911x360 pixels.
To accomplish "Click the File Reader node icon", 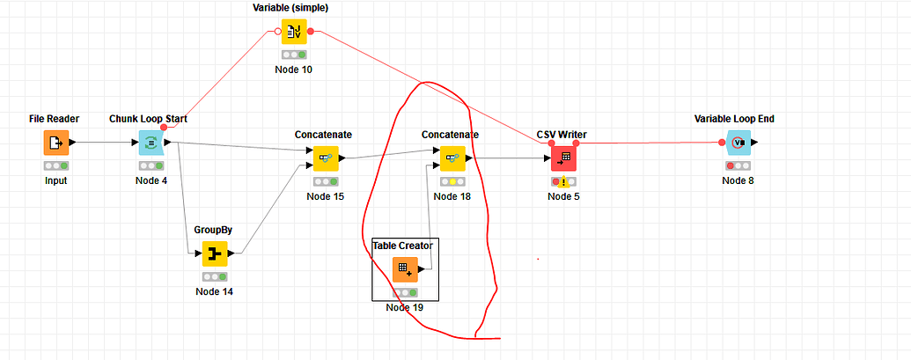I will tap(55, 142).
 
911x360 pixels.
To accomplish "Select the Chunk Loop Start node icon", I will tap(151, 142).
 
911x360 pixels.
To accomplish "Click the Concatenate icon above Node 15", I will tap(326, 158).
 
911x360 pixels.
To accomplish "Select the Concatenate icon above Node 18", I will tap(452, 158).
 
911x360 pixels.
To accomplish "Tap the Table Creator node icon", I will tap(405, 269).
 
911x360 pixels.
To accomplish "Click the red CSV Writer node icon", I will tap(563, 158).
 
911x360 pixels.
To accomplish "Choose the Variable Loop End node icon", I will tap(738, 143).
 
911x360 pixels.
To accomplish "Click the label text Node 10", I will tap(294, 69).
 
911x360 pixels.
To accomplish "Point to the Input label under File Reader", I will tap(55, 180).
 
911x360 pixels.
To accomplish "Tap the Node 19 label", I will tap(405, 307).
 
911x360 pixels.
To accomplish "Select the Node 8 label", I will tap(738, 180).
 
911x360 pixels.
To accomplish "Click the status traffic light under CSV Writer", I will tap(563, 182).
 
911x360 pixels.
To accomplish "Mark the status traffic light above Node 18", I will tap(452, 182).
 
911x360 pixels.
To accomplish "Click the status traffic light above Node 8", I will tap(738, 165).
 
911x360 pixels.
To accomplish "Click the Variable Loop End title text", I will tap(734, 119).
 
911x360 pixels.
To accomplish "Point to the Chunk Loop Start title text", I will tap(148, 119).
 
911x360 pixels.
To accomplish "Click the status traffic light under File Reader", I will tap(55, 165).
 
